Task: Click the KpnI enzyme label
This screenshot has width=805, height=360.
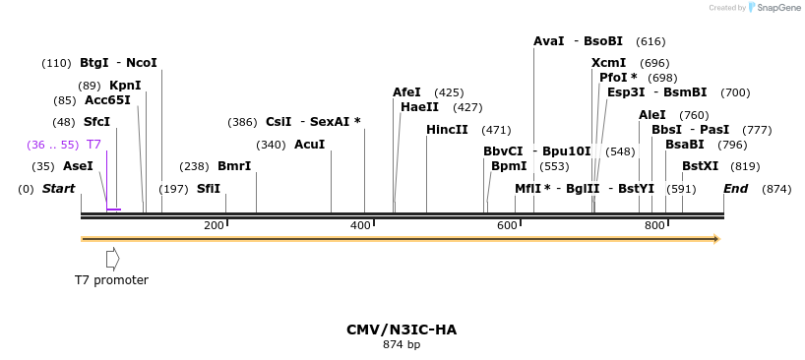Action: coord(125,85)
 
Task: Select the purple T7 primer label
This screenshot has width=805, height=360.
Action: coord(93,145)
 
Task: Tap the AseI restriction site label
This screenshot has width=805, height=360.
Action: coord(78,166)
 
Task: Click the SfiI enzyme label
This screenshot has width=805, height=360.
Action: coord(209,188)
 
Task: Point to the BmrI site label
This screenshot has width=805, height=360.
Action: coord(234,166)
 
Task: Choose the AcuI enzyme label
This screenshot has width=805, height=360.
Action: coord(309,145)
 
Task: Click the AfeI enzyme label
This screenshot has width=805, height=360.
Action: coord(406,92)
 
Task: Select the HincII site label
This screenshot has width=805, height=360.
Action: coord(447,130)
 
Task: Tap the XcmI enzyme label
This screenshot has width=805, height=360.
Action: coord(608,63)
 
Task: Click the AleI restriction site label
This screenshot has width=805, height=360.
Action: coord(652,115)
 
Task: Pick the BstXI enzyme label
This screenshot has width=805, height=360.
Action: coord(700,166)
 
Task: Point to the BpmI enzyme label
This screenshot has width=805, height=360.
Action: coord(509,166)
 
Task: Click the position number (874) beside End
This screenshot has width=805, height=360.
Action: coord(776,189)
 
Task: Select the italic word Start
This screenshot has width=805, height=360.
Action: coord(58,189)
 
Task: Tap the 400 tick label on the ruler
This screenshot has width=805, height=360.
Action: coord(360,226)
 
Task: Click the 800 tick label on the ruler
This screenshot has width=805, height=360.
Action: coord(653,226)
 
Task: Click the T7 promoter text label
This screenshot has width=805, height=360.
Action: coord(111,280)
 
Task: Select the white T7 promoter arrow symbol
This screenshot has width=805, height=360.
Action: coord(113,259)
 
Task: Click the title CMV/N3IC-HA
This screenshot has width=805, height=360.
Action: coord(402,330)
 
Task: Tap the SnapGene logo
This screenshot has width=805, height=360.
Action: coord(774,8)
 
